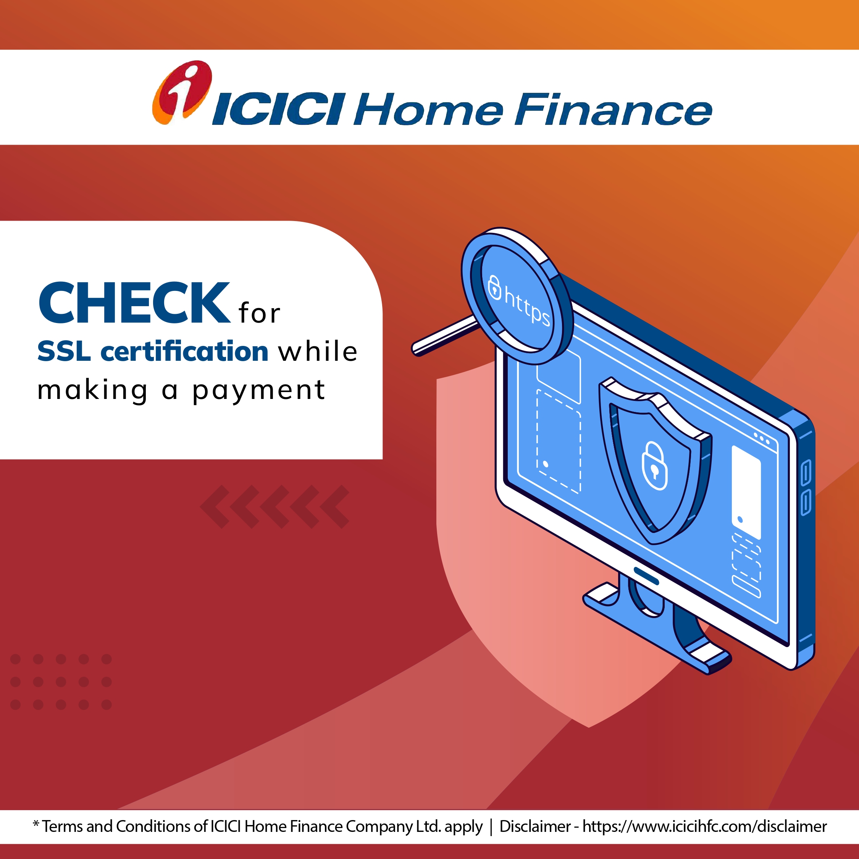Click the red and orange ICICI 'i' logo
182,92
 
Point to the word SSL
64,351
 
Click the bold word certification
184,351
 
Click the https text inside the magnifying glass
528,305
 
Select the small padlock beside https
494,287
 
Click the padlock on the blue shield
654,465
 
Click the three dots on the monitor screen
762,439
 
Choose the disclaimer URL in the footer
705,826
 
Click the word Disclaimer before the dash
535,826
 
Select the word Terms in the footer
63,826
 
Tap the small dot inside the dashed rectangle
546,464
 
